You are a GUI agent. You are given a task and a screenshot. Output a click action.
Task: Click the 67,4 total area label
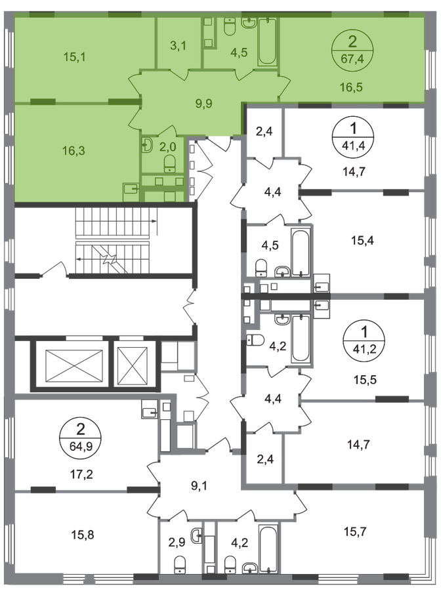(352, 59)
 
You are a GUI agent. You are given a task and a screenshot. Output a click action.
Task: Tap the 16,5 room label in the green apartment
(352, 87)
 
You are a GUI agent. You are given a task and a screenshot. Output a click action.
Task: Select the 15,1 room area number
(74, 57)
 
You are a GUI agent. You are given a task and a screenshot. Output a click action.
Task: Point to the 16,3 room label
(73, 151)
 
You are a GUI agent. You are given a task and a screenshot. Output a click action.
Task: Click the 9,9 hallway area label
(204, 103)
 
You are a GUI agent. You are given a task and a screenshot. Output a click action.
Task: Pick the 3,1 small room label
(178, 47)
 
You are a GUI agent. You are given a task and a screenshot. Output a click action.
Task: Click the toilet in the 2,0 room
(170, 164)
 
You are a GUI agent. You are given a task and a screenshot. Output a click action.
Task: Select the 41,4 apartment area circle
(353, 136)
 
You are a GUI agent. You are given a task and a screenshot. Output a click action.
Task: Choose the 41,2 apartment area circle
(364, 340)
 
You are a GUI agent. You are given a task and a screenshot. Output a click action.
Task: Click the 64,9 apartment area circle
(81, 438)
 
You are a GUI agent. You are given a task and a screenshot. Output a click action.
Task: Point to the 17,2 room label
(82, 474)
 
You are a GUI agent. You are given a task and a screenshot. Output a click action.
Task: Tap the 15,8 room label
(83, 535)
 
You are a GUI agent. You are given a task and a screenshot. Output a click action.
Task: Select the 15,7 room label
(356, 532)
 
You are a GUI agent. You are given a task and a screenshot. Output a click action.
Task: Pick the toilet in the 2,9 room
(179, 565)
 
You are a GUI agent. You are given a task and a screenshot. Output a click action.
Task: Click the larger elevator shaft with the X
(74, 365)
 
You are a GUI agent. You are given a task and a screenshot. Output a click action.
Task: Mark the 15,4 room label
(362, 241)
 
